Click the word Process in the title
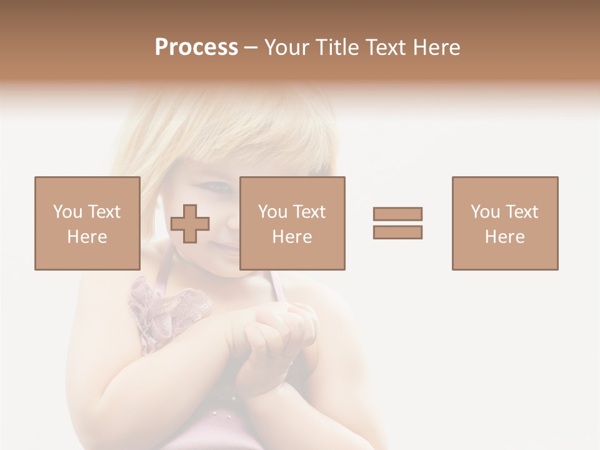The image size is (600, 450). point(196,47)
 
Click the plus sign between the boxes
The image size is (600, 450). point(190,224)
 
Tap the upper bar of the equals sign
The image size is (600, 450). point(397,214)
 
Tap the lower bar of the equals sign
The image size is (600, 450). point(397,232)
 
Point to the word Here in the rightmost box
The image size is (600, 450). point(505,237)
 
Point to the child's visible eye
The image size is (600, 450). point(217,186)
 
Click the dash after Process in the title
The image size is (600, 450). point(251,47)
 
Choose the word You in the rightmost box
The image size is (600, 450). point(485,212)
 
